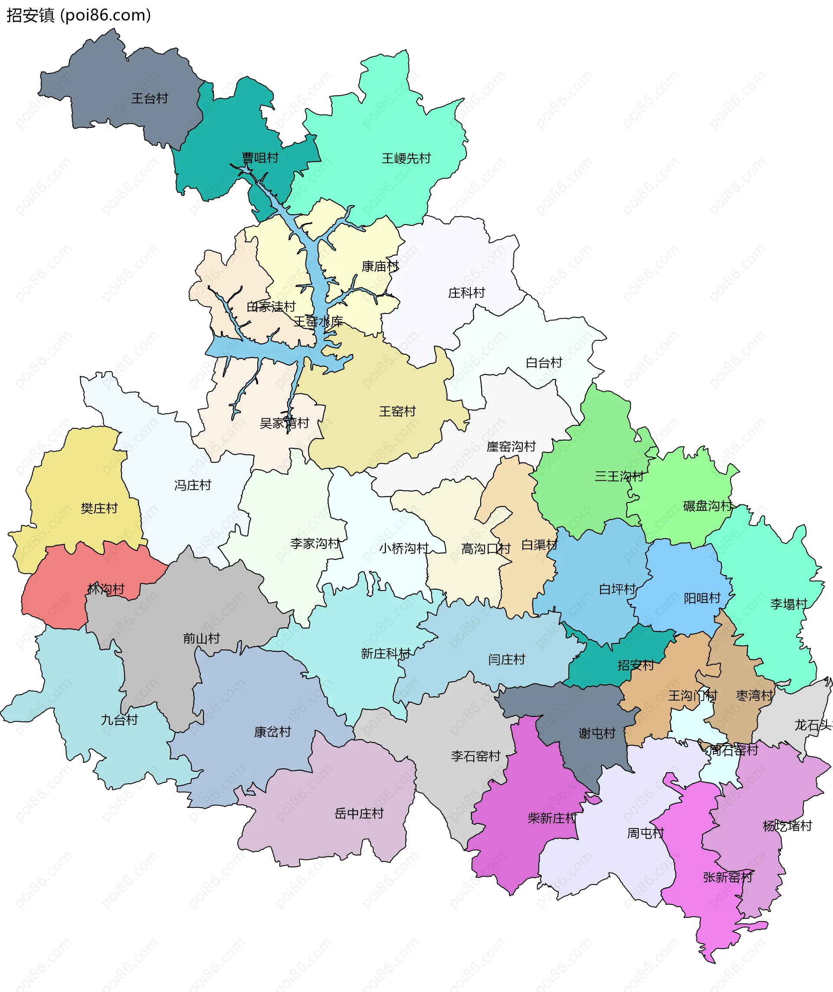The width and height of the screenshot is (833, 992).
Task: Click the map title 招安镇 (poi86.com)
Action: pyautogui.click(x=79, y=16)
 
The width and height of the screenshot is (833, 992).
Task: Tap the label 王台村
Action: pyautogui.click(x=149, y=98)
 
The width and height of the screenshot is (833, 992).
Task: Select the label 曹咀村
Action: pyautogui.click(x=260, y=158)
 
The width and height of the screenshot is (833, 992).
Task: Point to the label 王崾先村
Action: pyautogui.click(x=406, y=158)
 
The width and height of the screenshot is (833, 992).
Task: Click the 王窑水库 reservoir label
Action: pyautogui.click(x=318, y=322)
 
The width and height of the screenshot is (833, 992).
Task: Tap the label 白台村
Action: pyautogui.click(x=544, y=363)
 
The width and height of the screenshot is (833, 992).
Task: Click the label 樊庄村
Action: pyautogui.click(x=99, y=508)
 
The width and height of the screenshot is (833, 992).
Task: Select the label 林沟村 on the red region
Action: pyautogui.click(x=106, y=589)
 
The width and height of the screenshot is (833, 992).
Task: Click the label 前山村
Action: pyautogui.click(x=201, y=639)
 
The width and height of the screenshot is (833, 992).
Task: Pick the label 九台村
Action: pyautogui.click(x=119, y=720)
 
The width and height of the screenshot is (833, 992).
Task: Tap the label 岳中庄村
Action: pyautogui.click(x=359, y=813)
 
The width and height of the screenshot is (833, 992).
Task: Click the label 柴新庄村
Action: pyautogui.click(x=552, y=818)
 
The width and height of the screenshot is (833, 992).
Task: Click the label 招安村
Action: pyautogui.click(x=636, y=665)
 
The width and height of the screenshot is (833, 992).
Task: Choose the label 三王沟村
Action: pyautogui.click(x=619, y=476)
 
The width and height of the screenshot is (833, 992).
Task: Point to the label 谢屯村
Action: pyautogui.click(x=597, y=733)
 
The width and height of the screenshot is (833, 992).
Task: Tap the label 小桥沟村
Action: pyautogui.click(x=404, y=548)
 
